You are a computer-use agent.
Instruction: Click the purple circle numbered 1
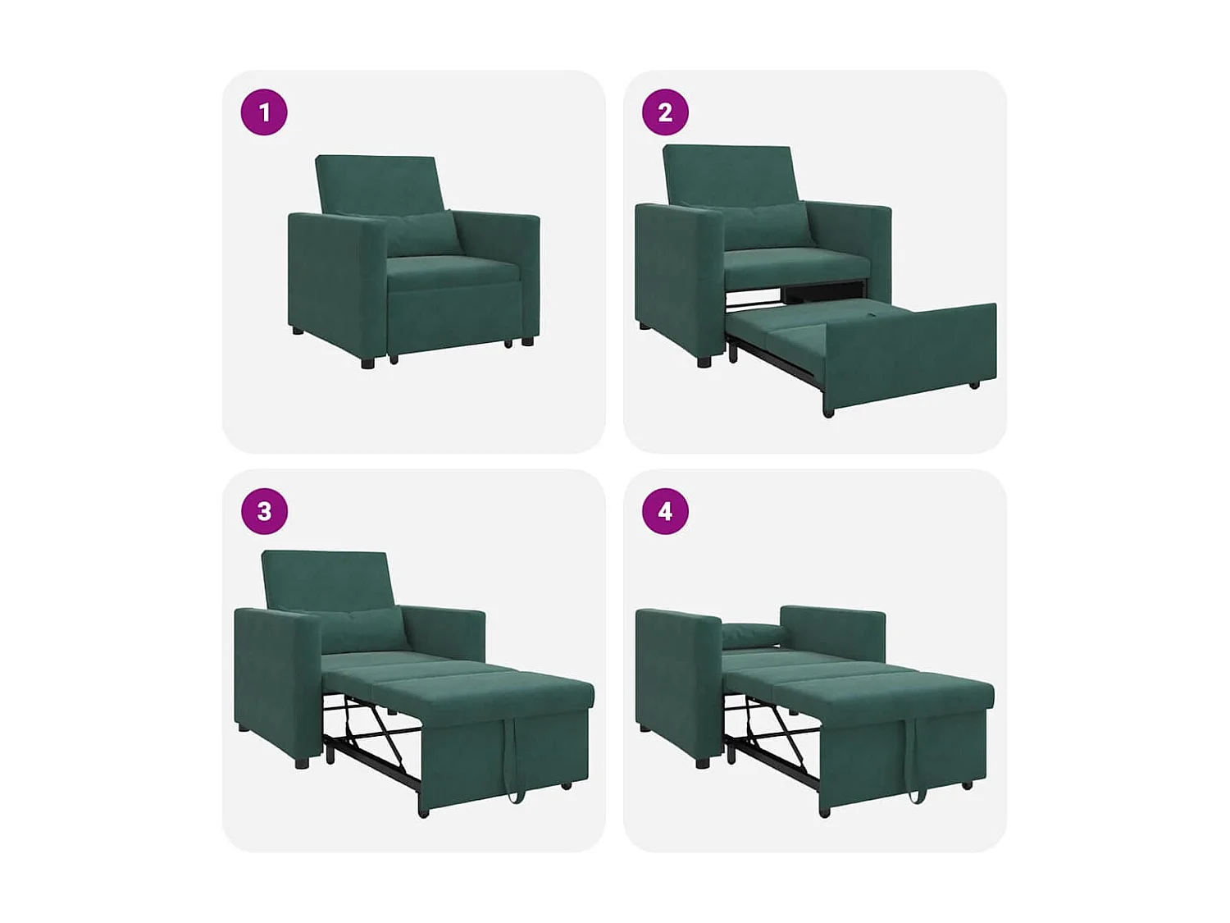coord(264,112)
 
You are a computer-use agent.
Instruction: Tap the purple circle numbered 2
coord(665,112)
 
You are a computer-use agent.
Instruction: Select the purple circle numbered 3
coord(264,511)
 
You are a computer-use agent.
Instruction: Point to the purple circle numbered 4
coord(665,511)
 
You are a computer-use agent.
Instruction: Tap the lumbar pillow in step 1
coord(422,233)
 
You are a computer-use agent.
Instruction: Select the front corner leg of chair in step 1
coord(367,361)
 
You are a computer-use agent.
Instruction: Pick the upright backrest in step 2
coord(728,174)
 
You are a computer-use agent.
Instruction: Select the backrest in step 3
coord(326,578)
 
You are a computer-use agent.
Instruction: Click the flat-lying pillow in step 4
coord(752,634)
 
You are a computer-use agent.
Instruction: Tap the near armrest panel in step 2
coord(676,275)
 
